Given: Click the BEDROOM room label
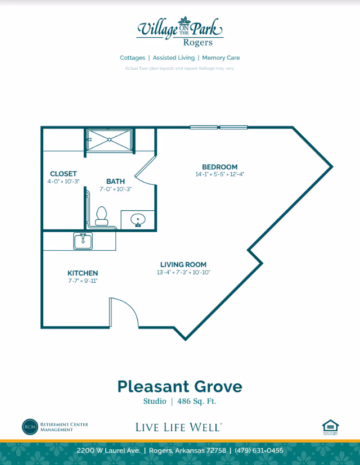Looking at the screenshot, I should pos(219,167).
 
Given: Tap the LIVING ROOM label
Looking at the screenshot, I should pos(183,264).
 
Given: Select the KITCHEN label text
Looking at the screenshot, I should pos(83,273).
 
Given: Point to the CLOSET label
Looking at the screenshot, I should pos(63,174).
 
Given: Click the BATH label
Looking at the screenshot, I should pos(115,181).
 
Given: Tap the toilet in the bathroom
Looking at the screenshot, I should pos(102,216).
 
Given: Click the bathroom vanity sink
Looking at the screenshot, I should pos(137,219).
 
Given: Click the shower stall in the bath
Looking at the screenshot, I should pos(109,140).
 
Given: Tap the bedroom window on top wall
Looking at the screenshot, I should pos(218,128).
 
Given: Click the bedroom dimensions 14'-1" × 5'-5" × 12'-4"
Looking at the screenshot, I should pos(219,174).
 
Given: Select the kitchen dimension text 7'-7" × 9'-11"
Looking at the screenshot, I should pos(83,281).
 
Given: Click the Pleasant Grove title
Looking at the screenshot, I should pos(179,386).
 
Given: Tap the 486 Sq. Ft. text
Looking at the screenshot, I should pos(196,401).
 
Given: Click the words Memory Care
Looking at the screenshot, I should pos(221,58).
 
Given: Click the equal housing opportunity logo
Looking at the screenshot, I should pos(330,427).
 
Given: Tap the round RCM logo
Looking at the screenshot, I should pos(29,427).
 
